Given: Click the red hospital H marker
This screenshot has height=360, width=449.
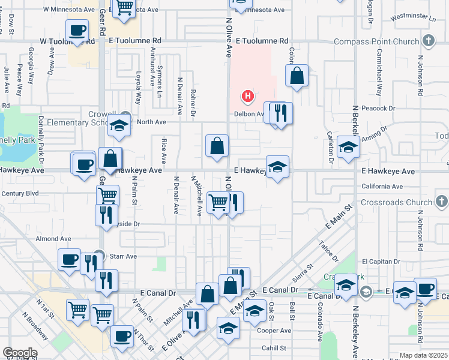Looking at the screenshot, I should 247,96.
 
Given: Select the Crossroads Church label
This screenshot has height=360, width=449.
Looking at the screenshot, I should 397,202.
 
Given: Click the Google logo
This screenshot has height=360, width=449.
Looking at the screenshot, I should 20,353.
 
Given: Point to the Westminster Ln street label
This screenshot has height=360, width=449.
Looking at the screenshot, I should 412,18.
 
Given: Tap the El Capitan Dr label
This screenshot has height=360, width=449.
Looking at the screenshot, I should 381,262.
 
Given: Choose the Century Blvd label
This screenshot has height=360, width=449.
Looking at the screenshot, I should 20,193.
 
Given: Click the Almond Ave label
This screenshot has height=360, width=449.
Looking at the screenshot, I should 49,239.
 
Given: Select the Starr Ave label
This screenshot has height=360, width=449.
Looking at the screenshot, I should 123,256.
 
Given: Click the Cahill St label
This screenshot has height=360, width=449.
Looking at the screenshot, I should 274,348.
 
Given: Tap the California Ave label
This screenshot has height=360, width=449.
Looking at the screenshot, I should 382,187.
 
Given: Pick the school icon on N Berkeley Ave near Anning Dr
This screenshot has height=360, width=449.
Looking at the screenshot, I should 348,146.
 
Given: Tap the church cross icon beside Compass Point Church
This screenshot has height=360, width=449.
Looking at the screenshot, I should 428,41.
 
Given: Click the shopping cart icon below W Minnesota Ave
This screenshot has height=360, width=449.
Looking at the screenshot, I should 124,8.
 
